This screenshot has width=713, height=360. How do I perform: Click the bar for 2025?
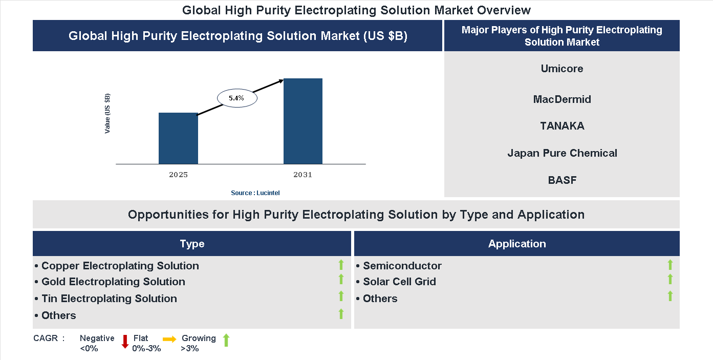pos(178,138)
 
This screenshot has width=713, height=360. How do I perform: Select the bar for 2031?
pos(303,121)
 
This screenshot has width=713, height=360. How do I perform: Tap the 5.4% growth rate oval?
pos(237,97)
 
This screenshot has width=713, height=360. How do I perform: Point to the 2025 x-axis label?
pos(178,175)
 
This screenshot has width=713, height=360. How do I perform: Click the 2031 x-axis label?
pos(303,175)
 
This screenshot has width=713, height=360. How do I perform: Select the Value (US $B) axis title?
pos(107,114)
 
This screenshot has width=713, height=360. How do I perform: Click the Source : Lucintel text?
pos(255,193)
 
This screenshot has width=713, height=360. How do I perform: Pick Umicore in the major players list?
pos(561,69)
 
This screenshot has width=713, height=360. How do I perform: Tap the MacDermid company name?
pos(561,99)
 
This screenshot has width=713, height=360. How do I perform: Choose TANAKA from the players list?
pos(561,126)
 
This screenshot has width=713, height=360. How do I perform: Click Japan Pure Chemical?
pos(561,153)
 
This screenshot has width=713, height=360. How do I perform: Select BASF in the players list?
pos(561,180)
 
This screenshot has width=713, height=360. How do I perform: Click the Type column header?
pos(192,244)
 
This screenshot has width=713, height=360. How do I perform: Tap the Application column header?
pos(516,244)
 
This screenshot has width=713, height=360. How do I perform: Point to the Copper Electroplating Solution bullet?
pos(120,266)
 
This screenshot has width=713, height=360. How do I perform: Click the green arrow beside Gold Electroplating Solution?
pos(341,280)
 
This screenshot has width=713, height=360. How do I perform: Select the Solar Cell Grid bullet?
pos(399,282)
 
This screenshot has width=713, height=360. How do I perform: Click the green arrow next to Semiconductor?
pos(670,265)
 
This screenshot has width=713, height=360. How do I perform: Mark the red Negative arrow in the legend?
pos(124,342)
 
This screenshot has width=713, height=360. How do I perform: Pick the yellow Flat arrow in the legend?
pos(169,339)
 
